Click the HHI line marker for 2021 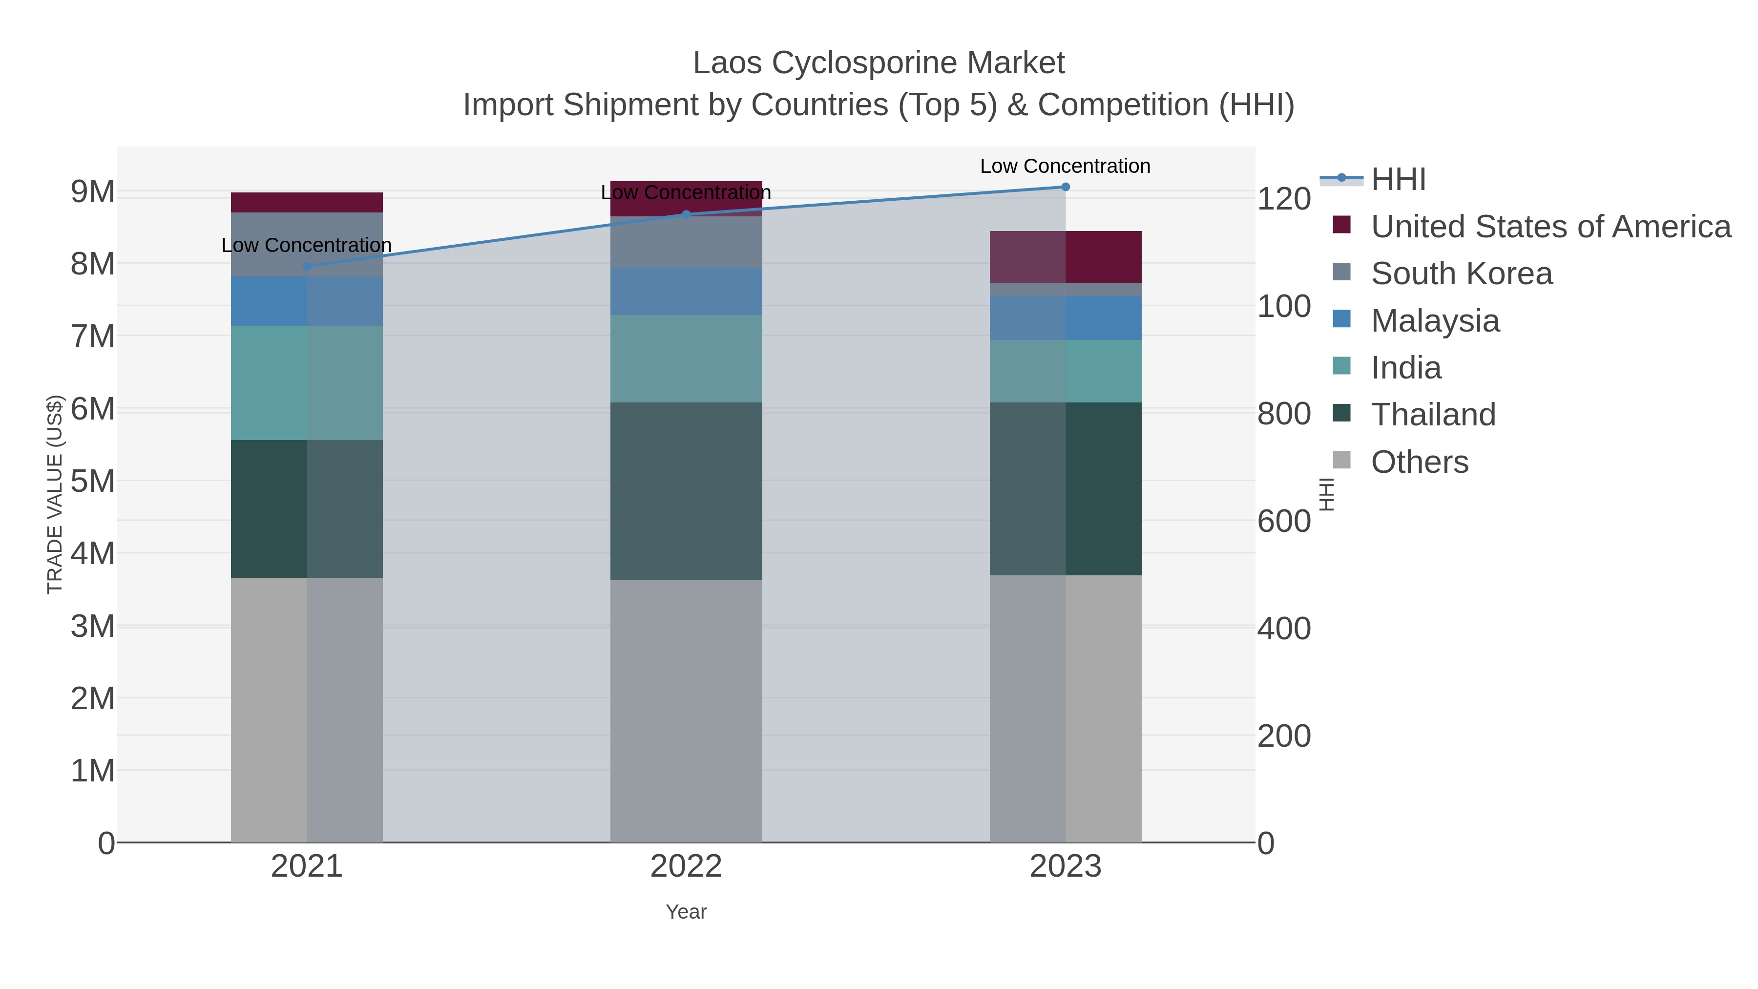[306, 266]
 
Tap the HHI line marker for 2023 [1066, 187]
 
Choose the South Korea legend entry [1461, 274]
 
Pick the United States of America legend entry [1550, 227]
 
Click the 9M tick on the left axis [93, 192]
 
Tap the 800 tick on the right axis [1284, 414]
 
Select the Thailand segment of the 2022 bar [686, 491]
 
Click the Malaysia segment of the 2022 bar [686, 292]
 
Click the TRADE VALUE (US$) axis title [55, 494]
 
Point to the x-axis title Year [686, 912]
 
